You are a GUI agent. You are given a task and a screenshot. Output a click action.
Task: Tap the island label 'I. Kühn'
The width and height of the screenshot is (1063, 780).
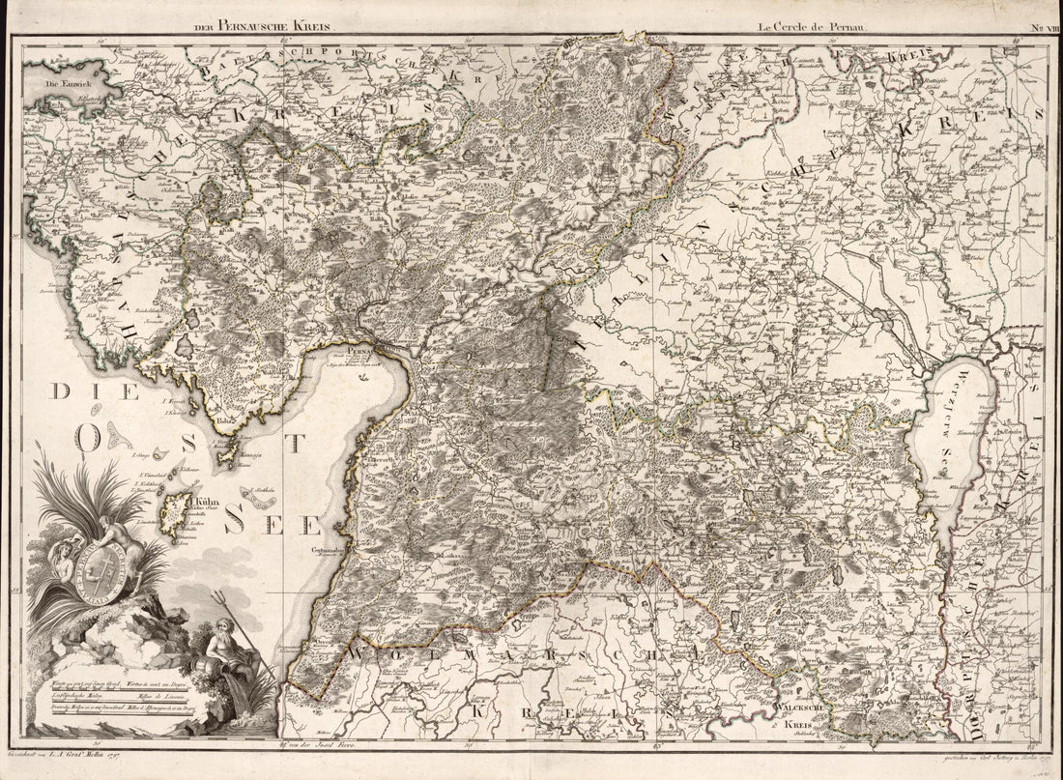(200, 503)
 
